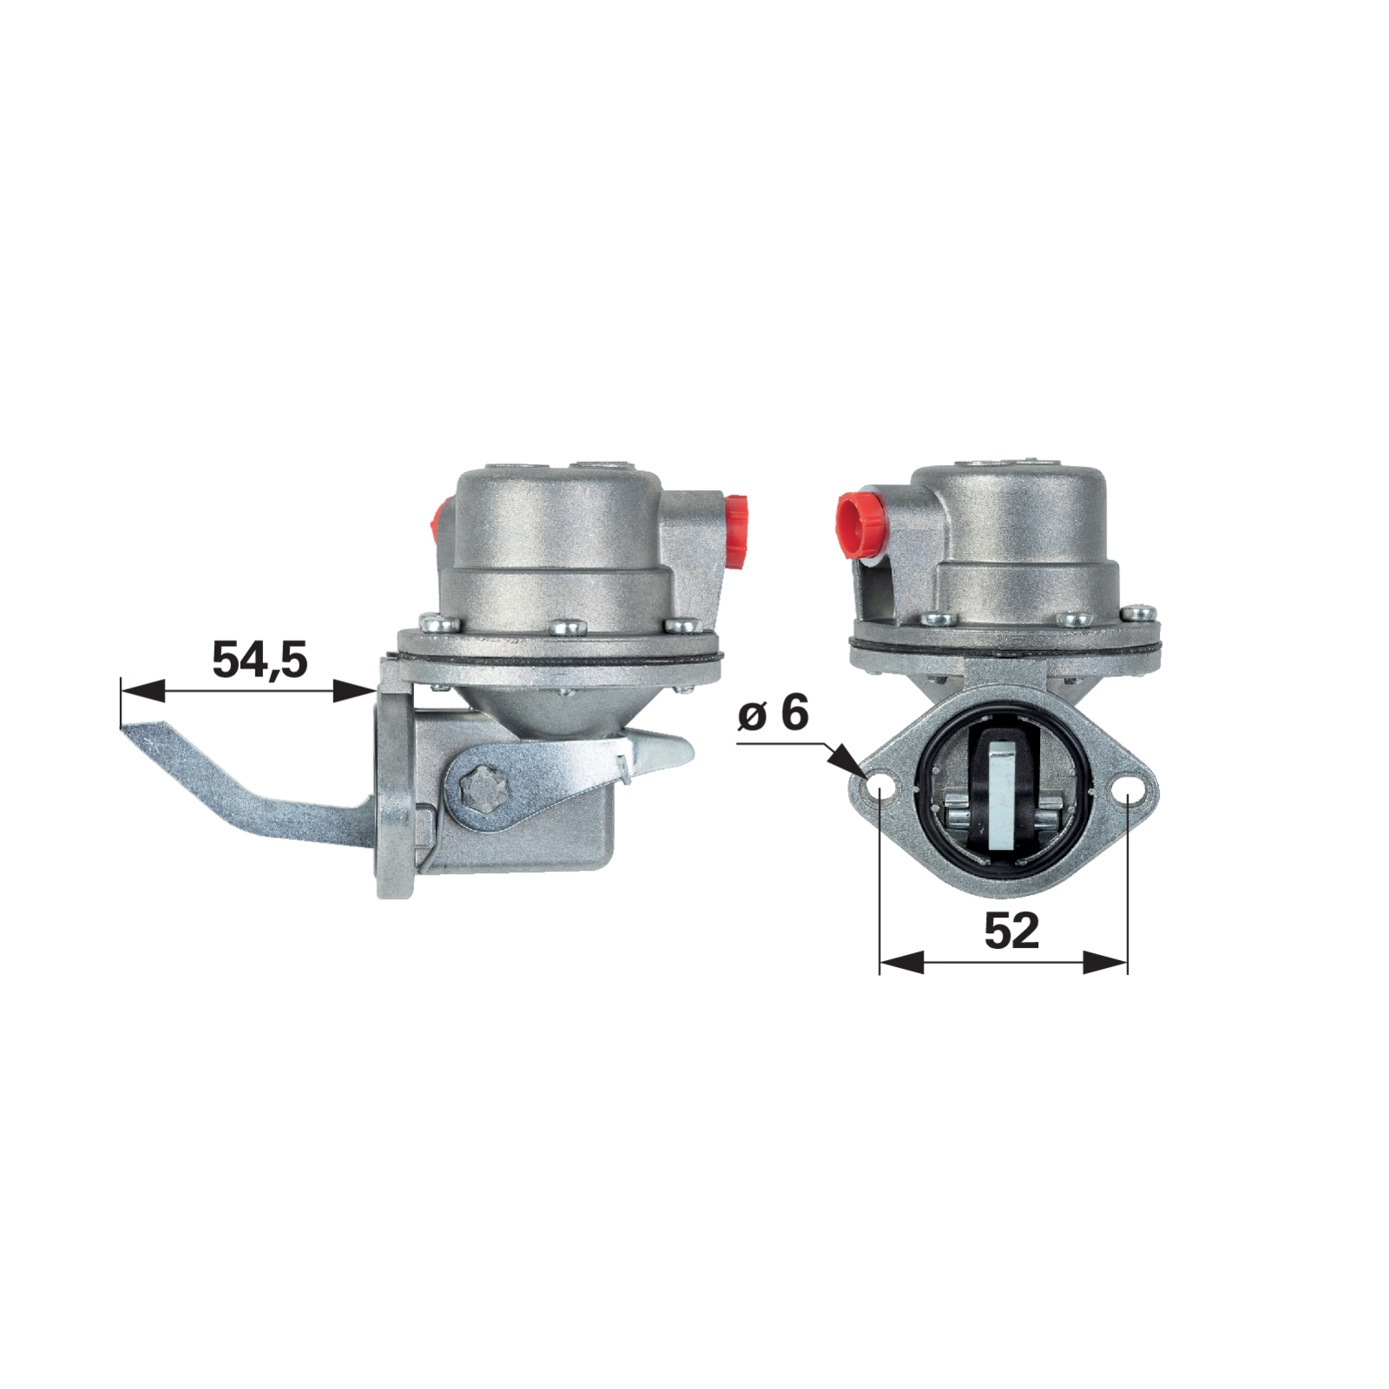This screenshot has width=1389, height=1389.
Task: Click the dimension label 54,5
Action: [260, 660]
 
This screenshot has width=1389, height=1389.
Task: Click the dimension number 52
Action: [1011, 931]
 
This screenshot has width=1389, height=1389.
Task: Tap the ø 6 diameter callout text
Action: [773, 714]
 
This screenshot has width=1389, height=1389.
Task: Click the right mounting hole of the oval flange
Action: [1129, 792]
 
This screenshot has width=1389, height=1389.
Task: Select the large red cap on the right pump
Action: [861, 524]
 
